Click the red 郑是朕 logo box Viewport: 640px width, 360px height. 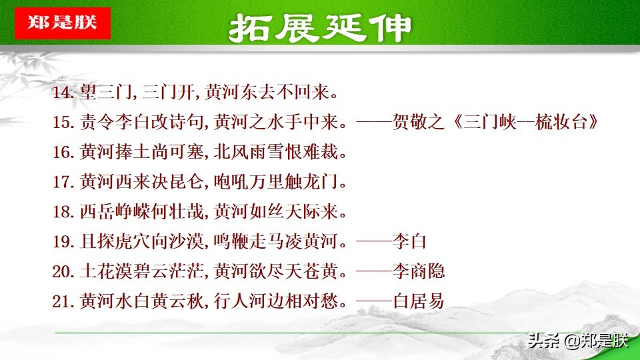coord(62,23)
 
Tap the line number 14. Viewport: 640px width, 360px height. coord(63,93)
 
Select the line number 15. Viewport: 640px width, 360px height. coord(63,123)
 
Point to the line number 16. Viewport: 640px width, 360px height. coord(63,153)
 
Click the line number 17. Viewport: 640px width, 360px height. coord(63,182)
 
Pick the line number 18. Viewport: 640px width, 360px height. coord(63,212)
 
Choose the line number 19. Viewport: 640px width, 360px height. coord(63,242)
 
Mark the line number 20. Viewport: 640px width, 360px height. coord(63,271)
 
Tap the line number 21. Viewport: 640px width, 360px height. coord(63,301)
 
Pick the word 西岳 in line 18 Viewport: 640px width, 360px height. coord(95,212)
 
